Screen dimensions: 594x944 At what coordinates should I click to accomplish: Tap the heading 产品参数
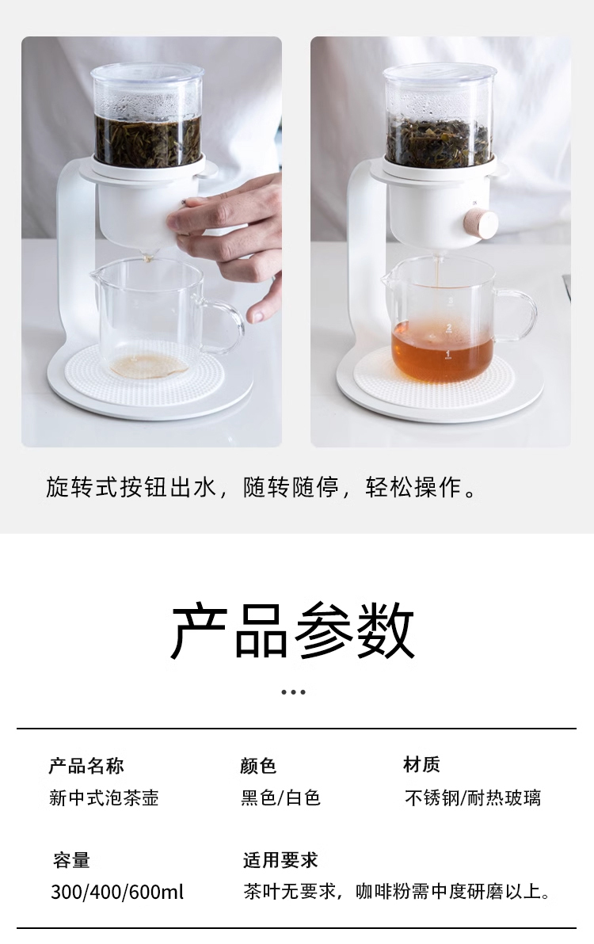point(293,631)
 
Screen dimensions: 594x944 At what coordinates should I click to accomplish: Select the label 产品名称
point(86,766)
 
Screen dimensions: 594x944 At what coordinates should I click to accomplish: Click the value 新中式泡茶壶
point(104,797)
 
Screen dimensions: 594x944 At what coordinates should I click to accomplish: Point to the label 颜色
point(258,766)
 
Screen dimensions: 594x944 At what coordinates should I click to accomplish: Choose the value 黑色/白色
point(280,797)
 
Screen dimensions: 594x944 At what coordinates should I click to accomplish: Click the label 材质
point(422,764)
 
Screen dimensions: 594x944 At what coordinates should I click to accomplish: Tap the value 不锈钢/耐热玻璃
point(473,797)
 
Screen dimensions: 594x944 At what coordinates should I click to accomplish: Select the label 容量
point(71,860)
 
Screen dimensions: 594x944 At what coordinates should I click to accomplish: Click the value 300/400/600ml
point(117,892)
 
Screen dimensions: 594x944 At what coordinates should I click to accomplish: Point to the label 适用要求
point(280,860)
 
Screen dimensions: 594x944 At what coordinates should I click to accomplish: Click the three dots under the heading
point(293,691)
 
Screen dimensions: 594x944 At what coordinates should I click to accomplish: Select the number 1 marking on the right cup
point(447,353)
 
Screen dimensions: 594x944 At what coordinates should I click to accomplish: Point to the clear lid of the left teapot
point(147,74)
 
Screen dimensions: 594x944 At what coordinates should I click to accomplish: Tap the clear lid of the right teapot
point(440,74)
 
